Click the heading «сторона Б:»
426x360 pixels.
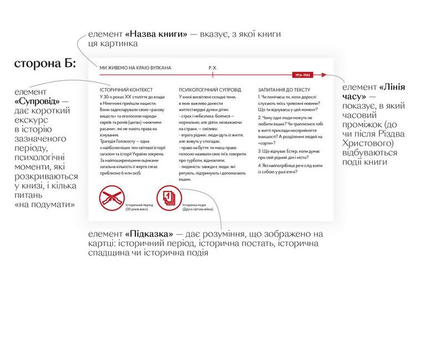pos(45,65)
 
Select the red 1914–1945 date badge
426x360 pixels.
pos(302,75)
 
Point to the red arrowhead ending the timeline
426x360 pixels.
pos(326,75)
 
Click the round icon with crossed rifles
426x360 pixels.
pos(110,198)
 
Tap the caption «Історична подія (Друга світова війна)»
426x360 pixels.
pos(198,206)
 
